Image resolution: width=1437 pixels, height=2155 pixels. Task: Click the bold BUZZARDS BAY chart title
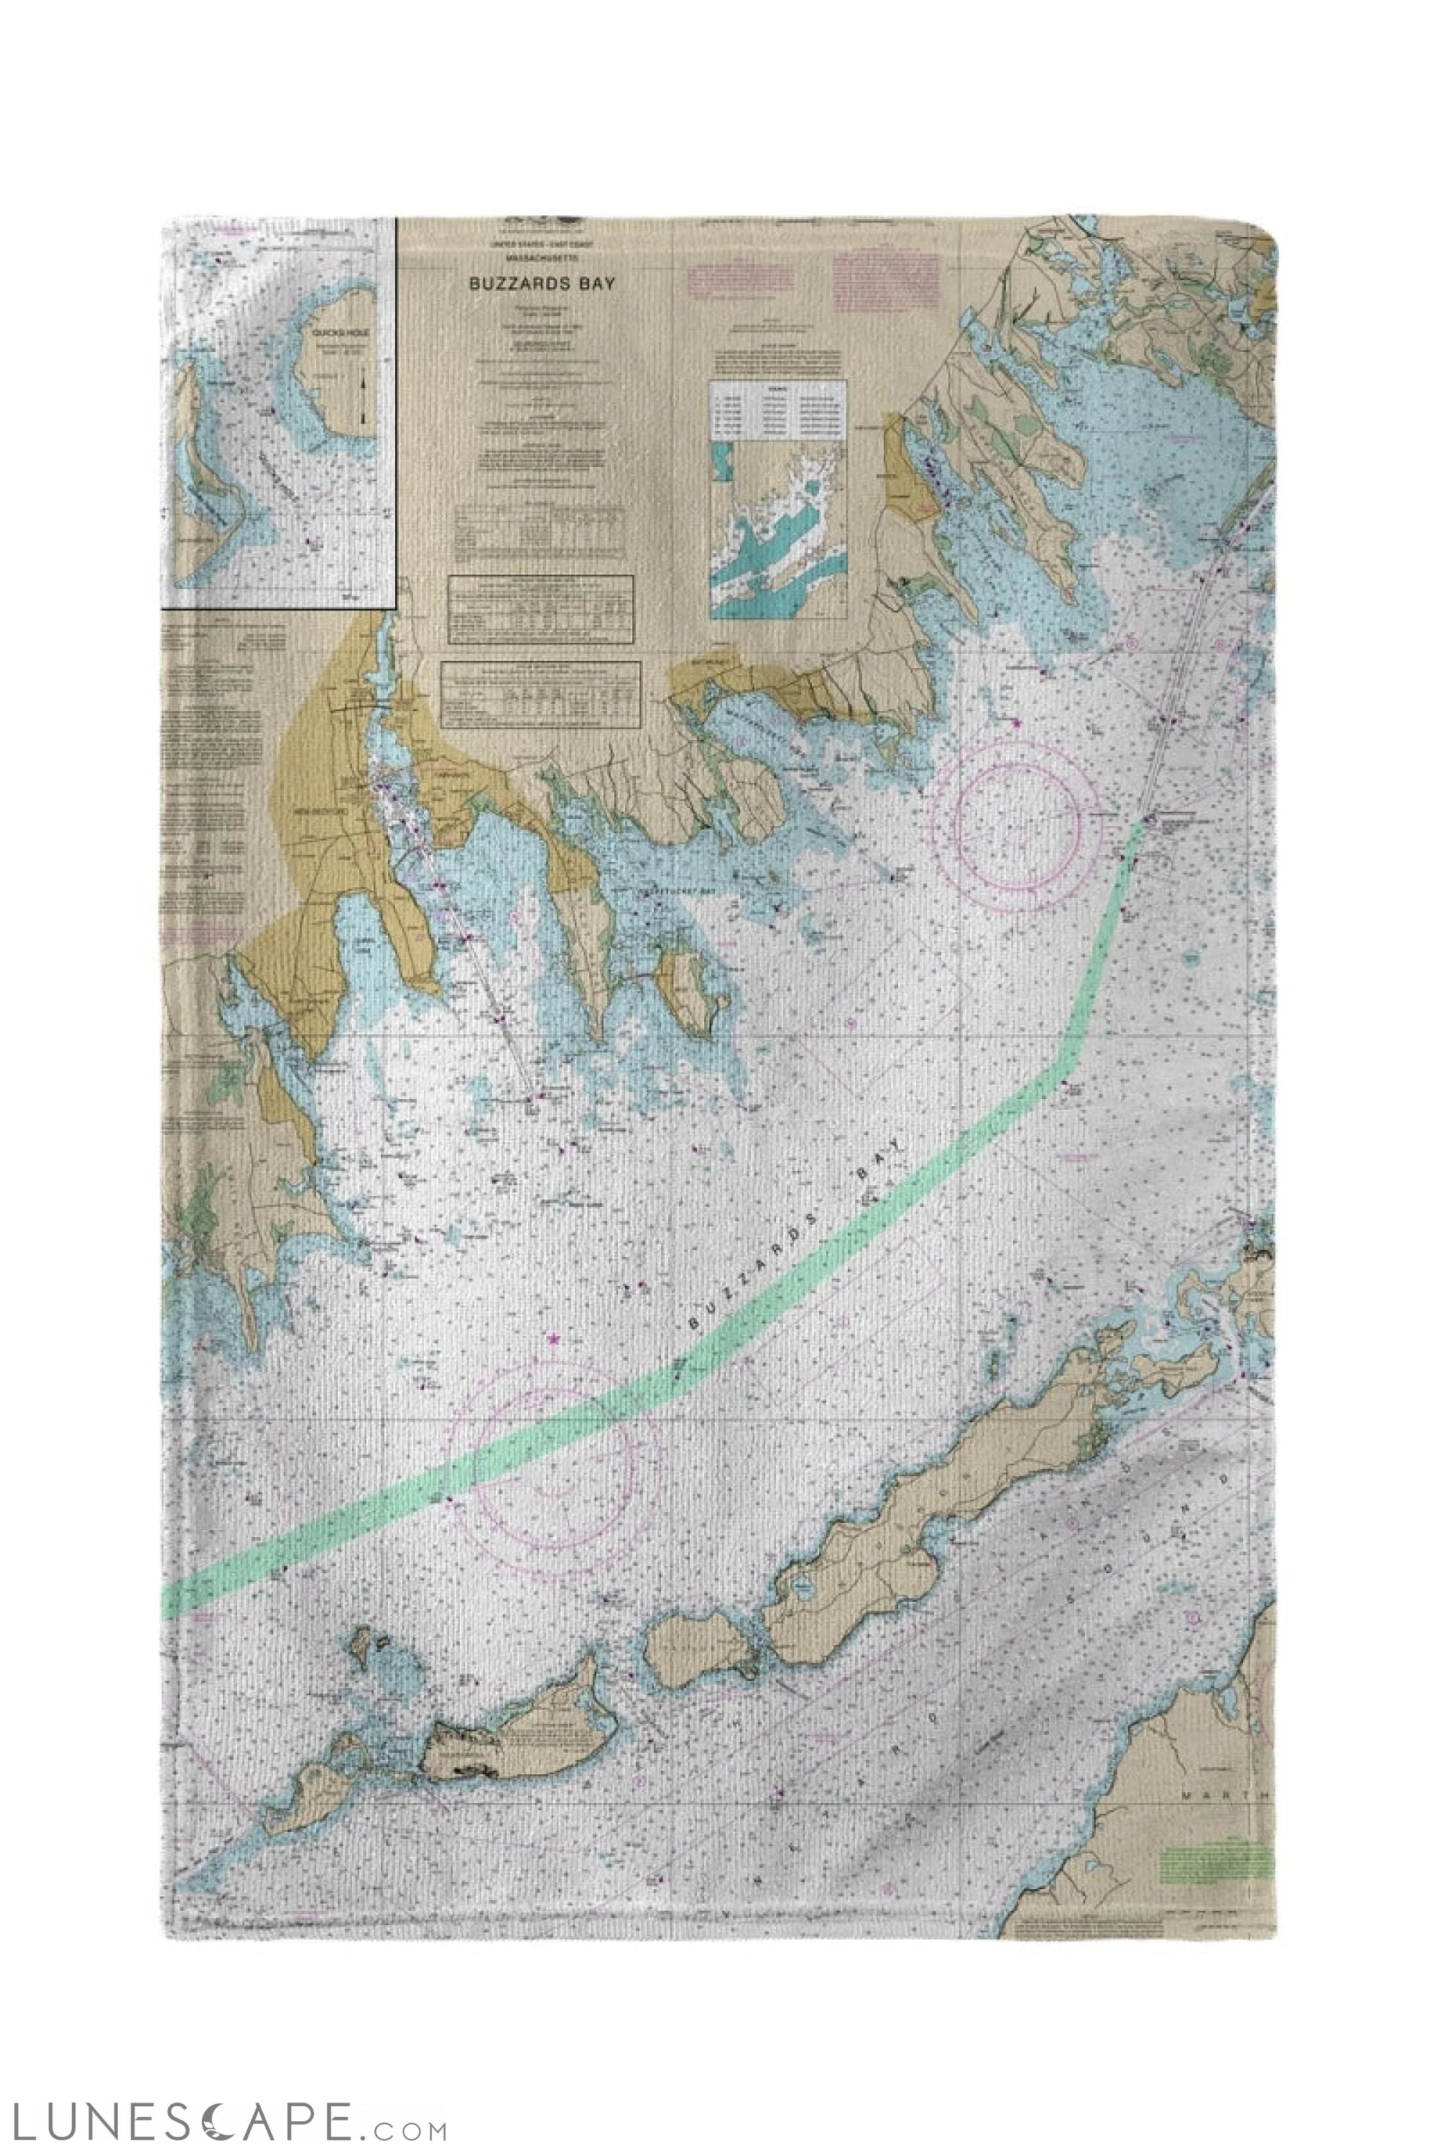point(542,283)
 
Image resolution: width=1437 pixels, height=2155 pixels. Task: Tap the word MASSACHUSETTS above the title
point(542,259)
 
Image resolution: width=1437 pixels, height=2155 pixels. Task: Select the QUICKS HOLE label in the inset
point(338,333)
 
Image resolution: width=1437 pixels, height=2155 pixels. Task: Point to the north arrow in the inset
point(364,398)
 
